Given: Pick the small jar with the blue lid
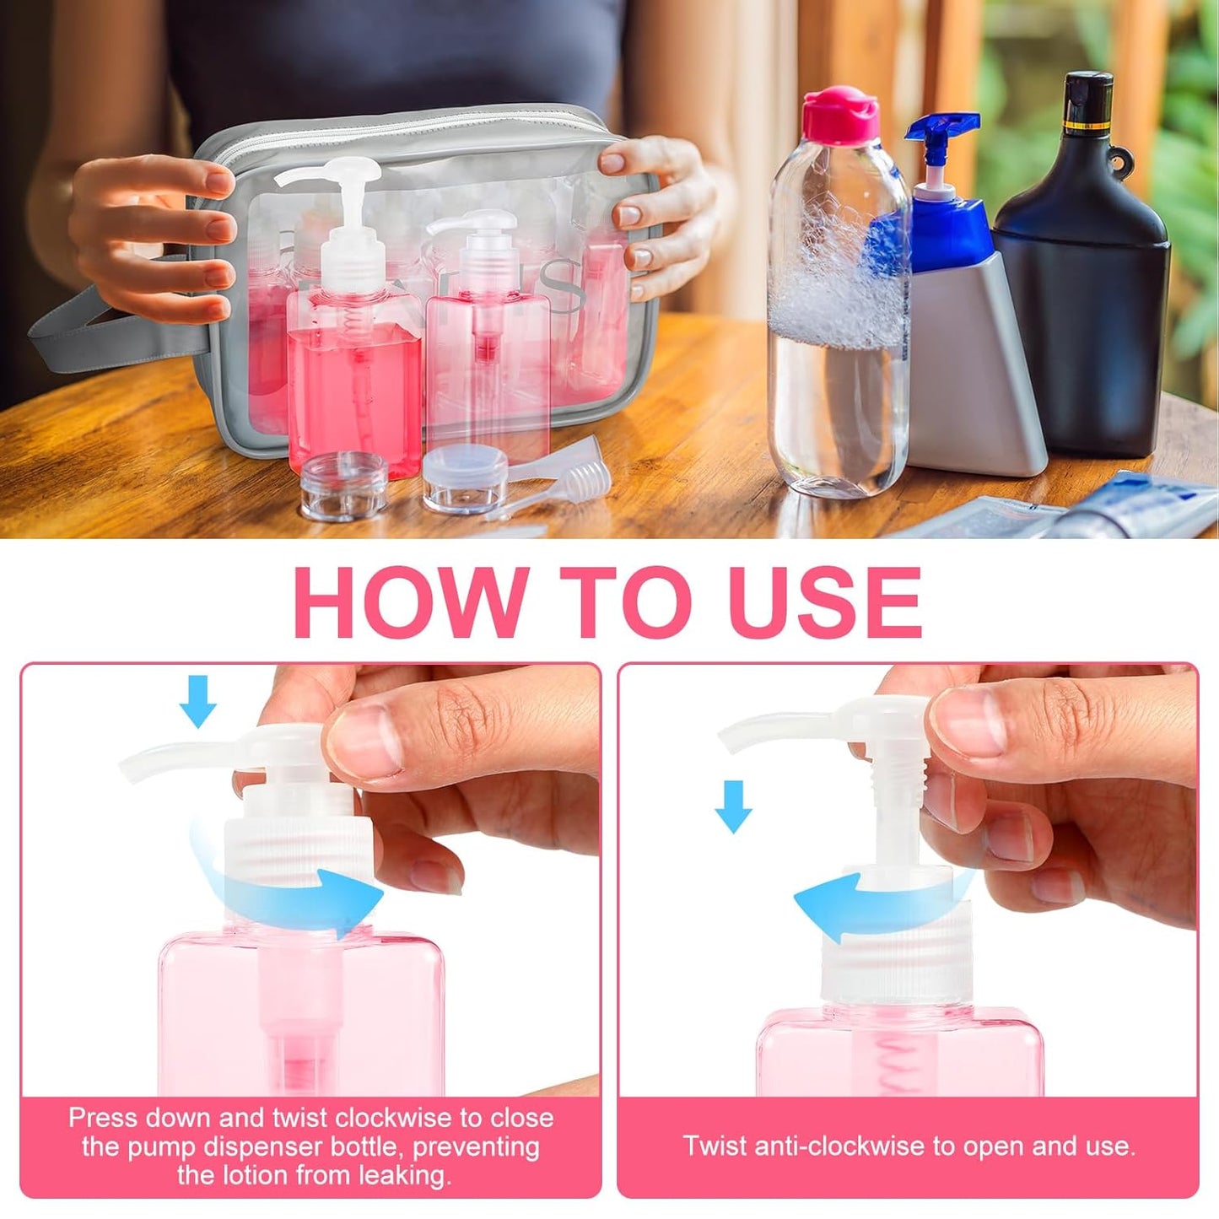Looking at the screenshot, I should pyautogui.click(x=465, y=477).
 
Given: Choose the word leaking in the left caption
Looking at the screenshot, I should pyautogui.click(x=403, y=1175).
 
